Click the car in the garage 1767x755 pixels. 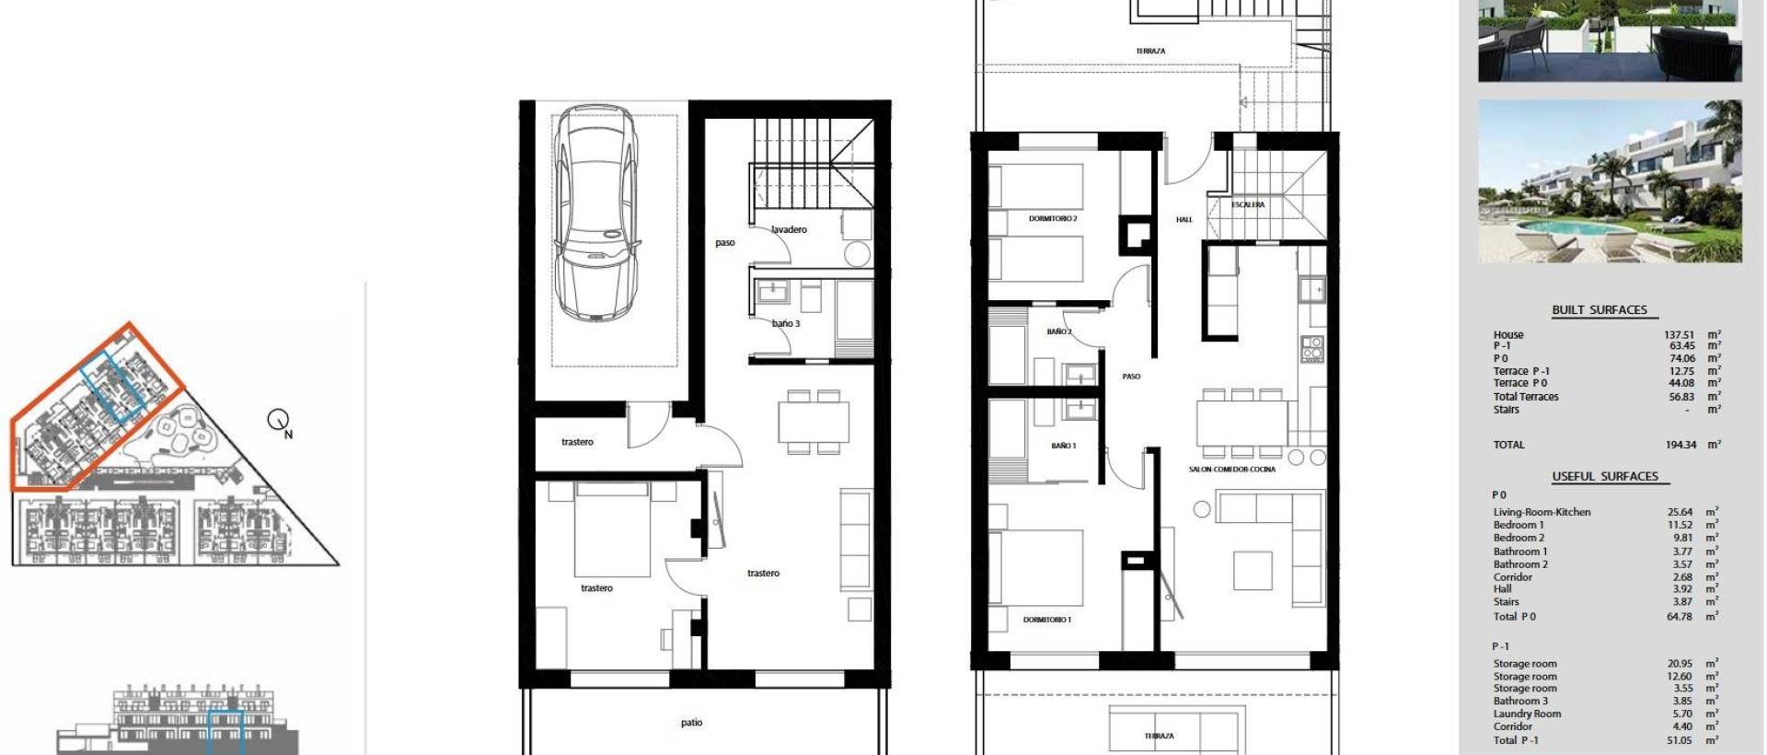(596, 213)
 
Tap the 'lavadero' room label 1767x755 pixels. (789, 229)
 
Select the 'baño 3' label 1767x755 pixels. (786, 323)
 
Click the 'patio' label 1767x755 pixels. (692, 723)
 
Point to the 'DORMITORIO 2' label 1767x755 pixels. (1053, 219)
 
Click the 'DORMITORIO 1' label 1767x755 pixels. (1047, 620)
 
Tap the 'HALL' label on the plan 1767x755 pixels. (1184, 219)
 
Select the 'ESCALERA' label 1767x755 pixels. (1248, 204)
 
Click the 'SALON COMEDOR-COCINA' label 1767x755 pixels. (1231, 470)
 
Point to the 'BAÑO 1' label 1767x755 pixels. (1063, 446)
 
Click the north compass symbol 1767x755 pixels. (278, 420)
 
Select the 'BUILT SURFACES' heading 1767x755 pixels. (1600, 310)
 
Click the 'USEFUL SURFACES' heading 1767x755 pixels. (1605, 476)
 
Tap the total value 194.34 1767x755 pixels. (1680, 445)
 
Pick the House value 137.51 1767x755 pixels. (1679, 335)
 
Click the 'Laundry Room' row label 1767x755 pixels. (1527, 714)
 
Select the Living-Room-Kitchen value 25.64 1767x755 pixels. (1680, 512)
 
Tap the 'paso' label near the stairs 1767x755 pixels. (725, 243)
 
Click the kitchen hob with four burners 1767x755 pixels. (1311, 348)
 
